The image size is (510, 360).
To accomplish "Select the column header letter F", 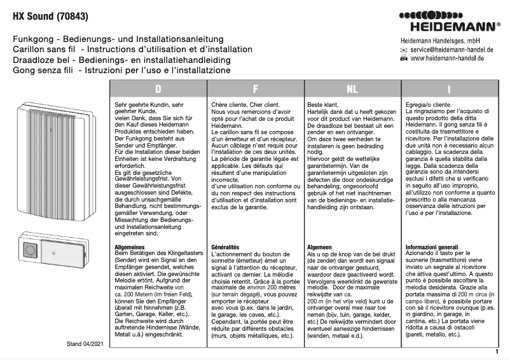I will pyautogui.click(x=255, y=88).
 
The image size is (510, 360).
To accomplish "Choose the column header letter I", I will pyautogui.click(x=449, y=88).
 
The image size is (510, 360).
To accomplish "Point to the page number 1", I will pyautogui.click(x=496, y=351).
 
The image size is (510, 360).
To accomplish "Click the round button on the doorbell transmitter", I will pyautogui.click(x=30, y=253).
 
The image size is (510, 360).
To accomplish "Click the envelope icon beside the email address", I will pyautogui.click(x=404, y=49).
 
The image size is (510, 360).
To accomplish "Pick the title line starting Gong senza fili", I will pyautogui.click(x=121, y=70).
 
